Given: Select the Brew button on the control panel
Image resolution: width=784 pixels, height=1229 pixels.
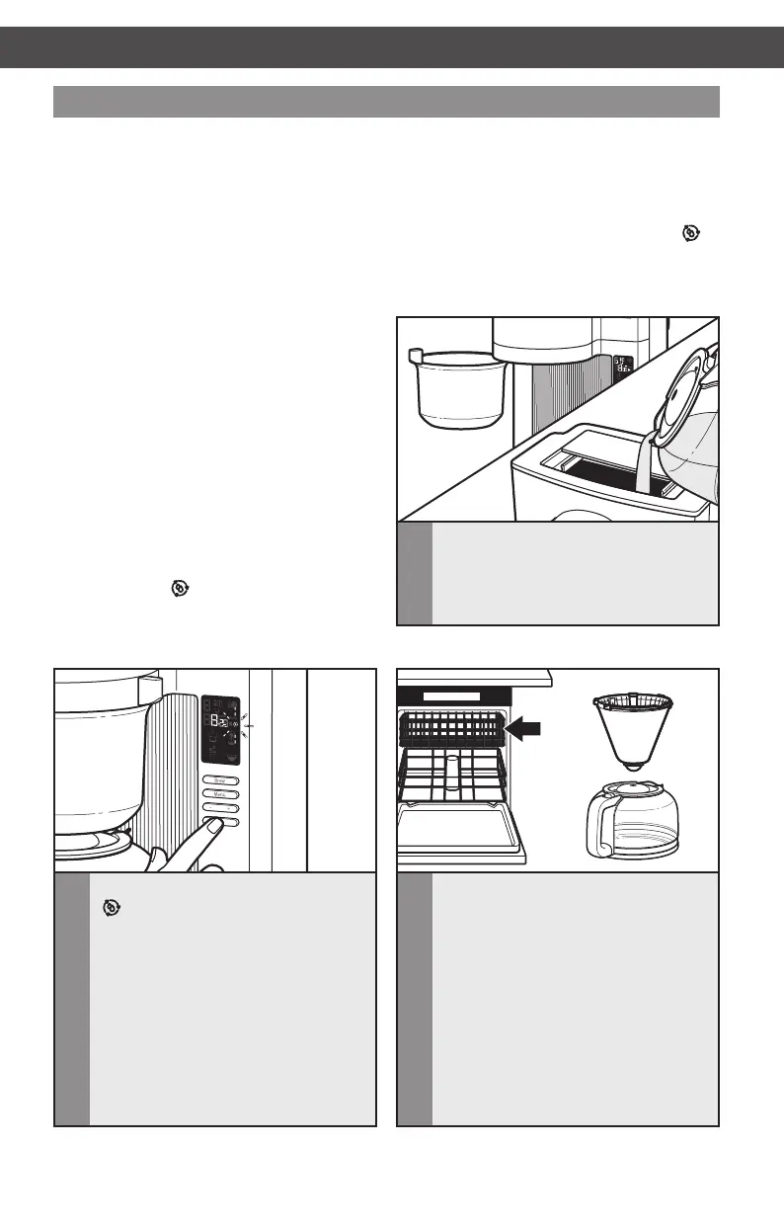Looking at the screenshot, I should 220,779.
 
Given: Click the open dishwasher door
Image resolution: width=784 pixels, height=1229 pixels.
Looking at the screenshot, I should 459,831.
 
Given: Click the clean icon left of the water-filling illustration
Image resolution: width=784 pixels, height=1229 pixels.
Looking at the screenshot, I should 179,588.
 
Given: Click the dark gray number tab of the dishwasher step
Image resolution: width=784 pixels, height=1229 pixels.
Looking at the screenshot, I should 414,998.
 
